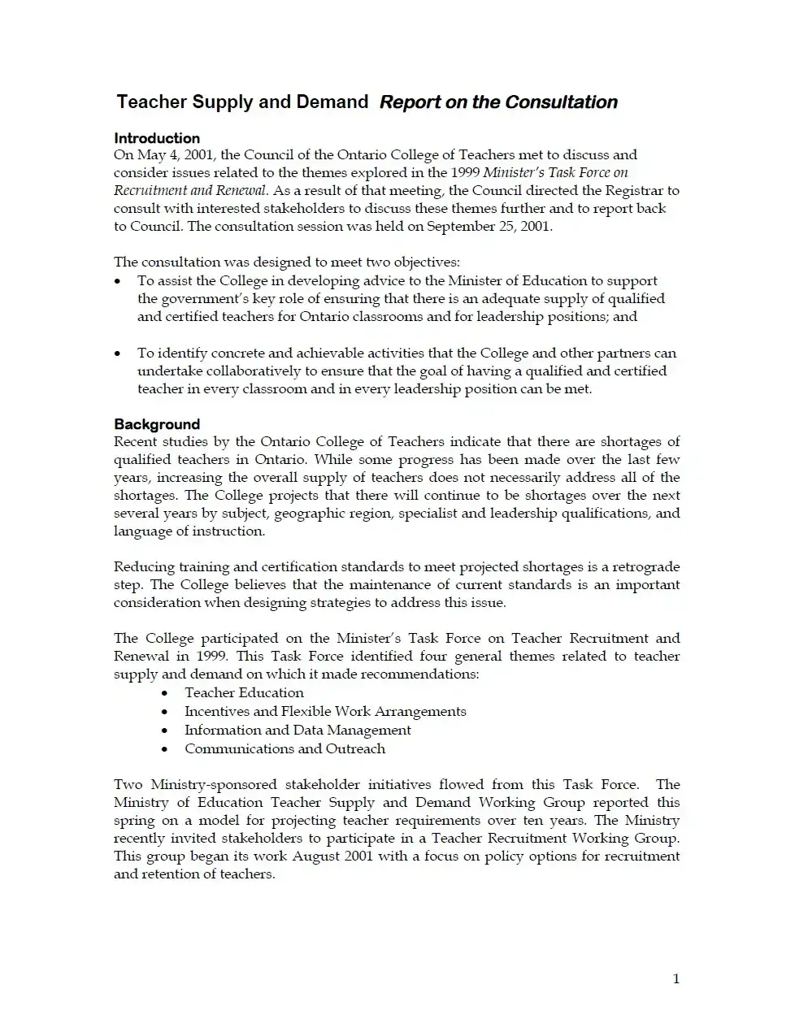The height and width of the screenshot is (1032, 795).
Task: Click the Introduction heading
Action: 157,138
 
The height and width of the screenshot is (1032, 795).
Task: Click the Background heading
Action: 157,424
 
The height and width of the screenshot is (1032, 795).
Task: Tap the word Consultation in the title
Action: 561,102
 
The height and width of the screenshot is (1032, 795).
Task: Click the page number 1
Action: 676,978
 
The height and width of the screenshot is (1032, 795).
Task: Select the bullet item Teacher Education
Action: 244,692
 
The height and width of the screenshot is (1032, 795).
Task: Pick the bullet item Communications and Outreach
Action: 285,748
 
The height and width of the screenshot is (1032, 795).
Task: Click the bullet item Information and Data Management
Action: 298,730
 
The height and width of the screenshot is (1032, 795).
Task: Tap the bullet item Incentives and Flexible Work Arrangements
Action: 325,711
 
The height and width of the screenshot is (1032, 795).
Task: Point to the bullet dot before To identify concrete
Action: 118,353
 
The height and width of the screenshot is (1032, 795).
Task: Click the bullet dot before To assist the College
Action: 118,281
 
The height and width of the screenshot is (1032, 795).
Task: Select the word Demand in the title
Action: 332,102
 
